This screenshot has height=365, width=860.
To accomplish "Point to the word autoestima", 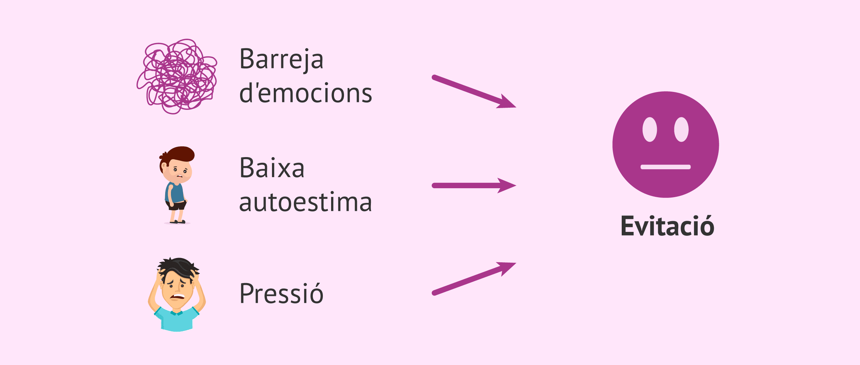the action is tap(306, 202).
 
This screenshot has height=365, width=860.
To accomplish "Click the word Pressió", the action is tap(282, 293).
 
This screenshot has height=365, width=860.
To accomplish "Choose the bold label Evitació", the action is tap(667, 226).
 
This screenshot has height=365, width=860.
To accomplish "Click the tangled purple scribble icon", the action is tap(177, 77).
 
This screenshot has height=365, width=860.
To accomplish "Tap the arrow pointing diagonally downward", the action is tap(474, 92).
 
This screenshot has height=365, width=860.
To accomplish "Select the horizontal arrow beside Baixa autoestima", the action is tap(474, 185).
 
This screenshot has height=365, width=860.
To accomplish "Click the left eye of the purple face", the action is tap(650, 129).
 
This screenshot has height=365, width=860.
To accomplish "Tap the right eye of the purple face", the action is tap(681, 129).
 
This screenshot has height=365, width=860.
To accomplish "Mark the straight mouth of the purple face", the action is tap(665, 167).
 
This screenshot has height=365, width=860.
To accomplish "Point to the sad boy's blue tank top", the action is tap(175, 193).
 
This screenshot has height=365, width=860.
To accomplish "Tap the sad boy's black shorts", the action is tap(176, 205).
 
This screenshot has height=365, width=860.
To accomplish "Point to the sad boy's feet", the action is tap(178, 222).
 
